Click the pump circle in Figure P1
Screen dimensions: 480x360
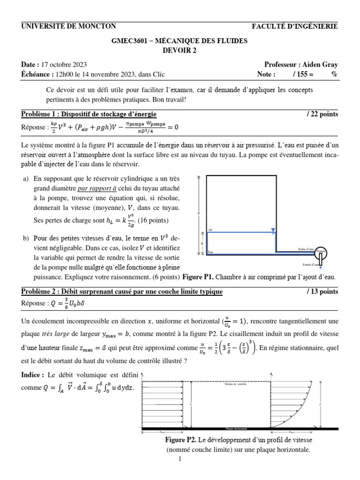tap(322, 254)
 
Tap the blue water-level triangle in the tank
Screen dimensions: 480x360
tap(272, 230)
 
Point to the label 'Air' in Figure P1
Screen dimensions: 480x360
tap(210, 230)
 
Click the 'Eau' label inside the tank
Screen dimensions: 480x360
tap(211, 252)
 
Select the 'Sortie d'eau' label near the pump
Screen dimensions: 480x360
tap(306, 249)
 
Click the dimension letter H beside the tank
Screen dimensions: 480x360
tap(199, 213)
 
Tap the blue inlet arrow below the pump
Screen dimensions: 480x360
tap(321, 267)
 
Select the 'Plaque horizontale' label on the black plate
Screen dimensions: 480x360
tap(236, 428)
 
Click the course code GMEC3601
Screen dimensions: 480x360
tap(127, 41)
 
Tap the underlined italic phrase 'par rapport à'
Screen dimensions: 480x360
tap(97, 188)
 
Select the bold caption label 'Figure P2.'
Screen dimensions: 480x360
tap(180, 440)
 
